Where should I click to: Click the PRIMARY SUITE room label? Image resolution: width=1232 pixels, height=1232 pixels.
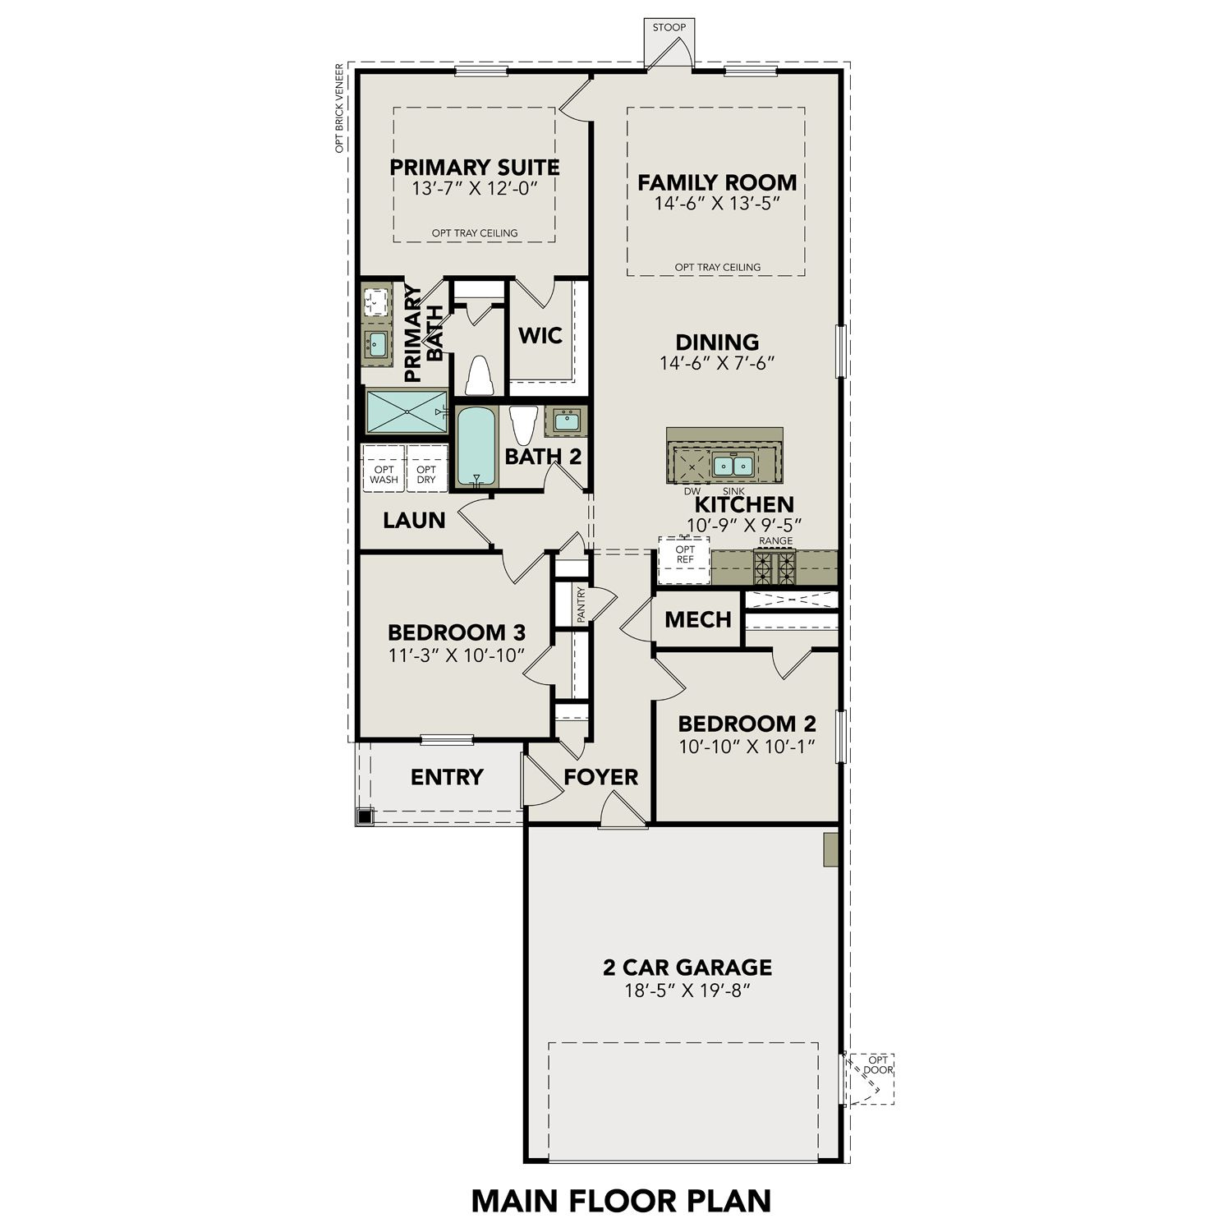click(474, 168)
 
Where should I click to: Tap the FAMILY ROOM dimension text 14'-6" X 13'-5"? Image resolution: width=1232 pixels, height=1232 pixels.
click(716, 204)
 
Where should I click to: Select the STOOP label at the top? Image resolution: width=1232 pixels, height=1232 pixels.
click(669, 28)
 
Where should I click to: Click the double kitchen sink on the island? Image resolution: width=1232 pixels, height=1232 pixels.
click(733, 466)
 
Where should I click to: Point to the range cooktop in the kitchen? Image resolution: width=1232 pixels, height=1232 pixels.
click(775, 567)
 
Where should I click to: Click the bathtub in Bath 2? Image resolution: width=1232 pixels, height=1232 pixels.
click(474, 446)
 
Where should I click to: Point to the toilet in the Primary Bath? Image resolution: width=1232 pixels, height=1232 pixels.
click(479, 376)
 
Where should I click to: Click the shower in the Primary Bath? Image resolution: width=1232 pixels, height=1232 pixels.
click(407, 411)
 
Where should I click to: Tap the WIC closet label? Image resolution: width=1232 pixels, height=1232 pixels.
click(540, 336)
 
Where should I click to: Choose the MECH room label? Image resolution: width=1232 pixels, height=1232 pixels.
click(697, 619)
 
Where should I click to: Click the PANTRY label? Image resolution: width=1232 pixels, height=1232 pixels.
click(581, 605)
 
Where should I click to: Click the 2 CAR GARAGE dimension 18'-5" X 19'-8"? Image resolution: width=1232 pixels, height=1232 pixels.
click(688, 991)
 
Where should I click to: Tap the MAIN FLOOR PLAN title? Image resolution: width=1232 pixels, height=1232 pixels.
click(621, 1200)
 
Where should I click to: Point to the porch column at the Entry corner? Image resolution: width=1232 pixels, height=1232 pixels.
click(365, 816)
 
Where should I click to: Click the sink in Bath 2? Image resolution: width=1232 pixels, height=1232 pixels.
click(566, 422)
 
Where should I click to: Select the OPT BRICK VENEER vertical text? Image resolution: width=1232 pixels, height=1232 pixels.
click(338, 111)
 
